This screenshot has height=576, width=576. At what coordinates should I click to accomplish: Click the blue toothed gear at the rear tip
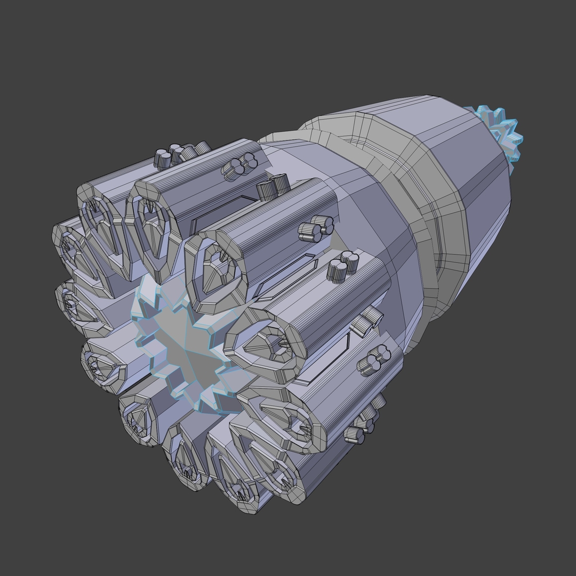(x=501, y=131)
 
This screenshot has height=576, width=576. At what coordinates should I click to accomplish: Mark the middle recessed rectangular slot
(x=285, y=275)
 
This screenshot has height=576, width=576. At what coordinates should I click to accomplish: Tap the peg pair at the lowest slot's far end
(x=368, y=320)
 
